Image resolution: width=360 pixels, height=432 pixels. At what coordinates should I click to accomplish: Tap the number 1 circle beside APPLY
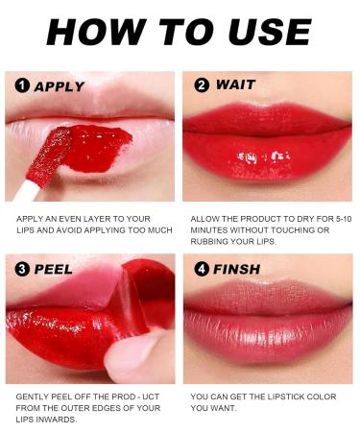click(x=22, y=86)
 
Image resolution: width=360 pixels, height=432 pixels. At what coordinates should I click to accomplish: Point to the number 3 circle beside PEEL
click(x=22, y=270)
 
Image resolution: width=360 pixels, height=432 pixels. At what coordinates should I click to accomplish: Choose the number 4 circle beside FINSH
click(x=201, y=270)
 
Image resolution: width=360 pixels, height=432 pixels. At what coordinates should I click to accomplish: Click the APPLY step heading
click(x=60, y=86)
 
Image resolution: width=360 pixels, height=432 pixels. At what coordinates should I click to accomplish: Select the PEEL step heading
click(x=54, y=270)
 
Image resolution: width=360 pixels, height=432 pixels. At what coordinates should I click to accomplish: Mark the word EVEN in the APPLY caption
click(x=71, y=218)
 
